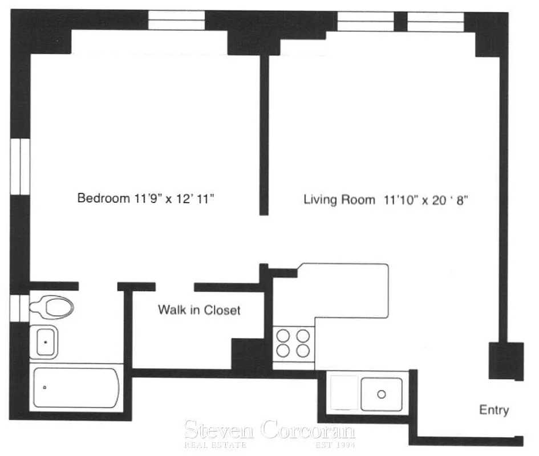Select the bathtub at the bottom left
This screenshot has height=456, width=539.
point(76,387)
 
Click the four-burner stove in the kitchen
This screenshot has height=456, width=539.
point(293,342)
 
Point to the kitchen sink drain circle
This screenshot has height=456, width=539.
point(382,393)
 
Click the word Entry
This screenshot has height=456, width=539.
point(493,410)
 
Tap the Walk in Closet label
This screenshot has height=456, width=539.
point(199,310)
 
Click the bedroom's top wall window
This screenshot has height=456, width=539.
point(176,21)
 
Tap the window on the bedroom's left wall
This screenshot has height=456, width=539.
point(20,166)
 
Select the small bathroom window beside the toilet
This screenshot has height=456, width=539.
point(19,306)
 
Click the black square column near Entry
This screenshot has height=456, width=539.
point(506,360)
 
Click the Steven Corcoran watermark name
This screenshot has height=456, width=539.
point(269,429)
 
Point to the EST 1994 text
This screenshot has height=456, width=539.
point(335,444)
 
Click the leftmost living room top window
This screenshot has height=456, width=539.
point(365,22)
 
